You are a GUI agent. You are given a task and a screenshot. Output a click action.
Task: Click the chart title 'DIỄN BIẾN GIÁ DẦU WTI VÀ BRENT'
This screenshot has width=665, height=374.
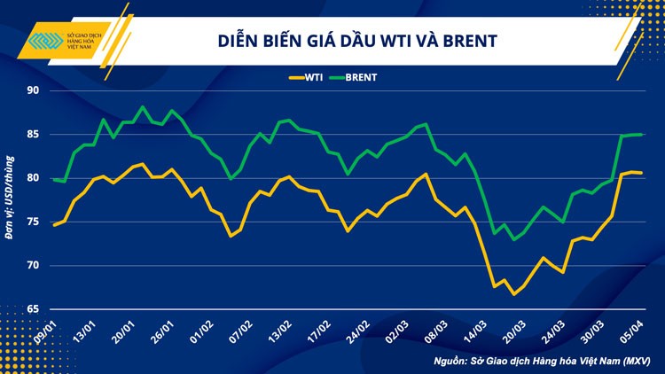tap(357, 41)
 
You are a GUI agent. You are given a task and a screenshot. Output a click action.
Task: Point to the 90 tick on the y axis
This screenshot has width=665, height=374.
tap(33, 90)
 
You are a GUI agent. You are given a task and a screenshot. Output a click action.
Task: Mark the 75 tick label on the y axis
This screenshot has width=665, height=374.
tap(33, 222)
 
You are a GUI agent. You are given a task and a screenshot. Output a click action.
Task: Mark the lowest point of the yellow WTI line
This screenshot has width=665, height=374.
tap(514, 294)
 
